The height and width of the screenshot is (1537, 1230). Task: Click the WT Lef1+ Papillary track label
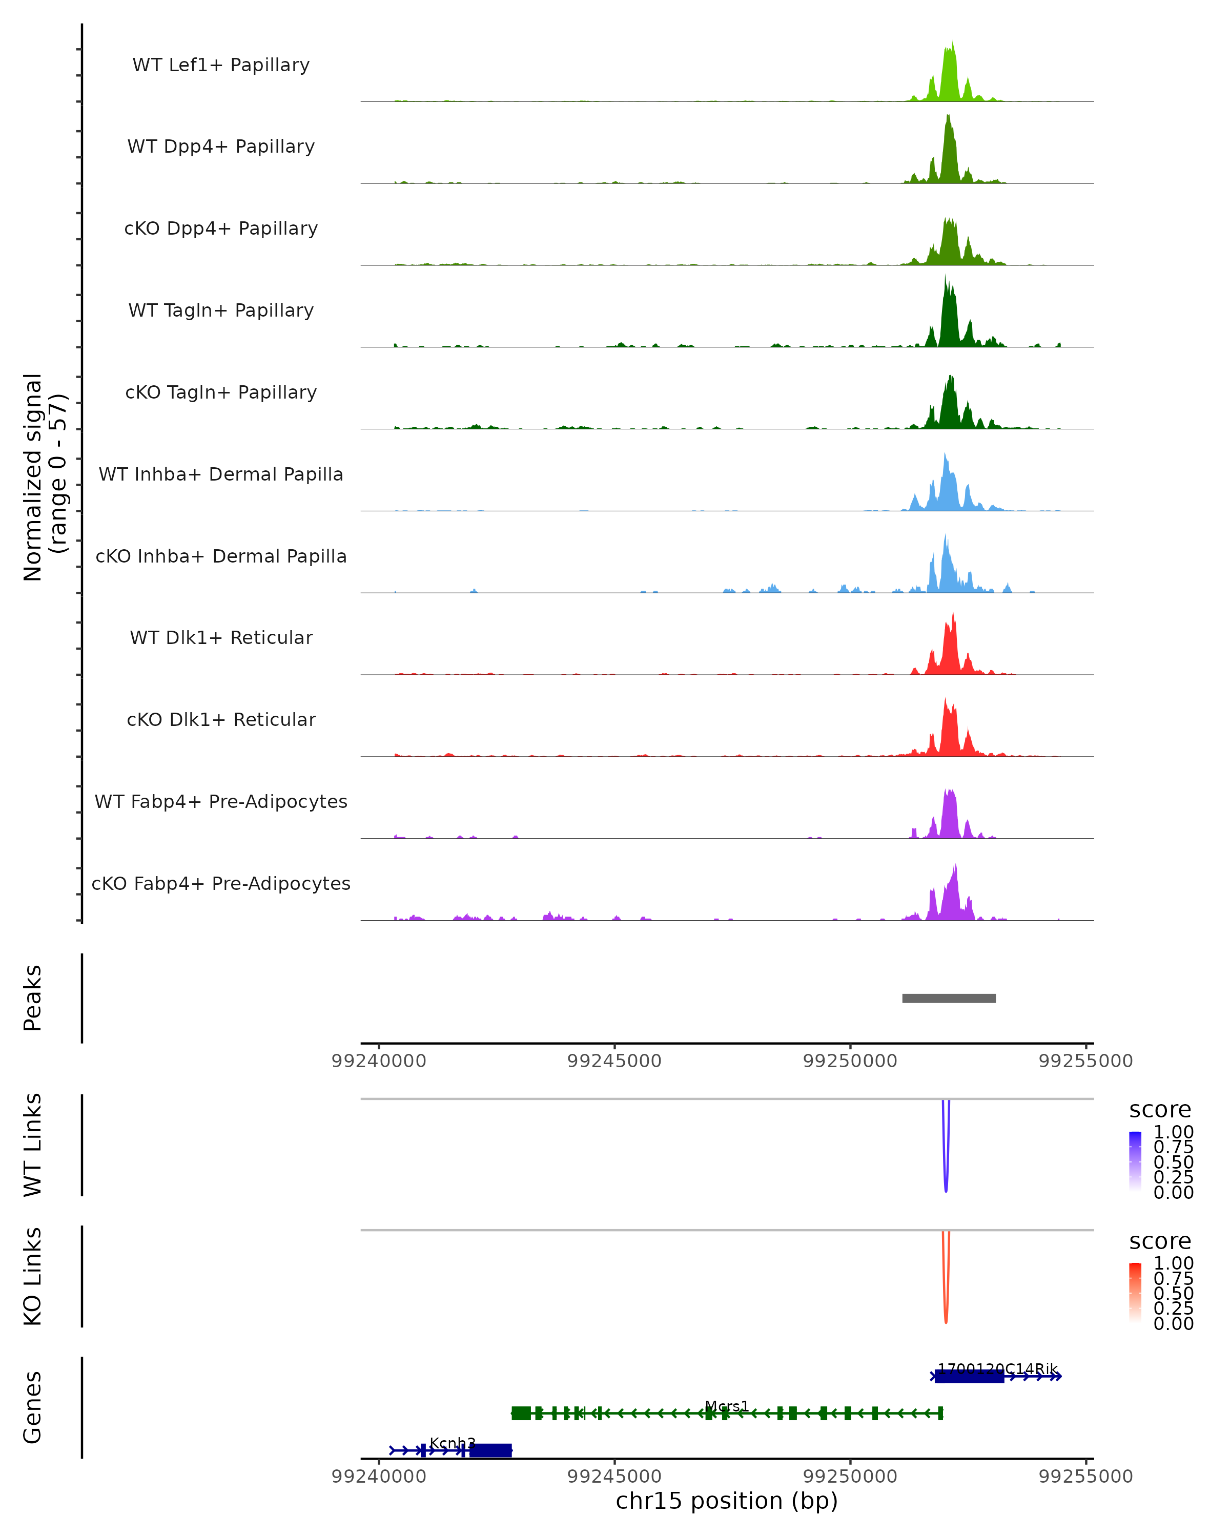[x=221, y=65]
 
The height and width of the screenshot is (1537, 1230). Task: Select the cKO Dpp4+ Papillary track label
[x=221, y=229]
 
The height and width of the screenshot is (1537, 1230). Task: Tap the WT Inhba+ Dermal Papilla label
[x=221, y=475]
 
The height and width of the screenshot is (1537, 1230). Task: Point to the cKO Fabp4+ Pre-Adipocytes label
[x=221, y=884]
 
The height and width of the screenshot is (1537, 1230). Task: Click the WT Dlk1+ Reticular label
[x=221, y=638]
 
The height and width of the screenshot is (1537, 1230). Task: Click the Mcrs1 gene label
[x=727, y=1406]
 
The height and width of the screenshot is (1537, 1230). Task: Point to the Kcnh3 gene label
[x=452, y=1444]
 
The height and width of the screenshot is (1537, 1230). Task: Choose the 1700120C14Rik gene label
[x=997, y=1369]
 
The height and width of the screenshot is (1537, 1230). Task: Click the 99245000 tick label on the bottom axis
[x=614, y=1477]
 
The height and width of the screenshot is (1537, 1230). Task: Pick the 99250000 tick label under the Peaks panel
[x=850, y=1061]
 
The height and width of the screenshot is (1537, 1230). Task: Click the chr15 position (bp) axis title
[x=727, y=1501]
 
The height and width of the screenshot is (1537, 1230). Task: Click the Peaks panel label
[x=33, y=998]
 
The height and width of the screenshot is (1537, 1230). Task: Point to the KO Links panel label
[x=33, y=1277]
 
